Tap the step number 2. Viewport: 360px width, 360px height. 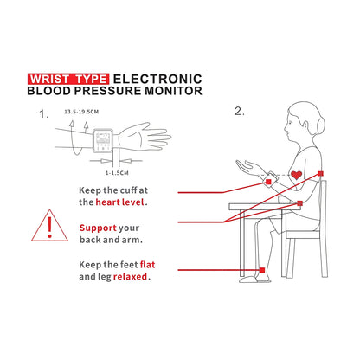coord(240,112)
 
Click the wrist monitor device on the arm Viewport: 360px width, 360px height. coord(104,138)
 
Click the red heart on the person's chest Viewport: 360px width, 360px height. coord(297,176)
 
